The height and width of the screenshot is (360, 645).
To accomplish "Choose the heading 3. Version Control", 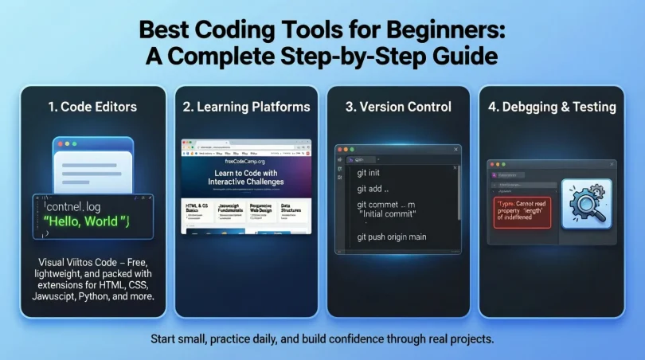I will point(397,106).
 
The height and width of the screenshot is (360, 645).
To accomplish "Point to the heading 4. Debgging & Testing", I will point(552,106).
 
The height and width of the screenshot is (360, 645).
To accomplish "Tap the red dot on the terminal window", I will point(339,149).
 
